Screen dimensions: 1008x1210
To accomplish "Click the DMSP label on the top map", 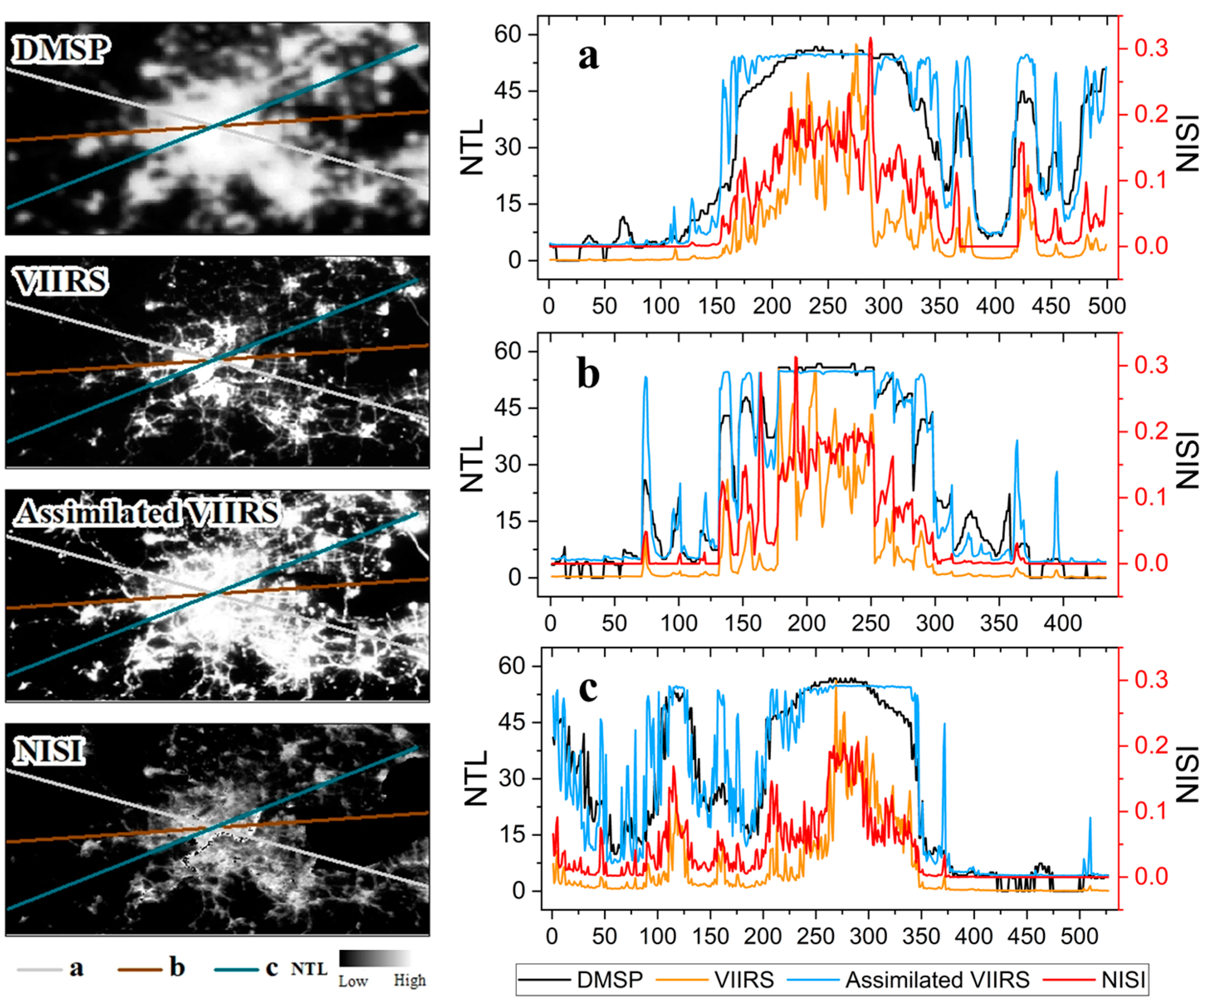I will (61, 50).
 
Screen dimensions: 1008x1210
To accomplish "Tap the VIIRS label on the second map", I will (61, 282).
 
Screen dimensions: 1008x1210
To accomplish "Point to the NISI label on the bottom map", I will (49, 752).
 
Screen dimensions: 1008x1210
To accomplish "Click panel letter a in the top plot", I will (588, 57).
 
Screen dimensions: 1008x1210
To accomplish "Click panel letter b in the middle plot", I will (588, 375).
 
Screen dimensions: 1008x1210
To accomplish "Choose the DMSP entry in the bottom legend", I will (610, 979).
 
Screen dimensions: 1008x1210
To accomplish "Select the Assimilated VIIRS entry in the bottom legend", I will (937, 979).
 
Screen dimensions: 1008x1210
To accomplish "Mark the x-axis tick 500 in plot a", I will (1106, 306).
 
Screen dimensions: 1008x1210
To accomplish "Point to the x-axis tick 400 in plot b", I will (1063, 623).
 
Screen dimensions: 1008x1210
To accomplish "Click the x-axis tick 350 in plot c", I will (921, 937).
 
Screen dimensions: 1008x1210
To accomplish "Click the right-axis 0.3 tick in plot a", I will (1151, 49).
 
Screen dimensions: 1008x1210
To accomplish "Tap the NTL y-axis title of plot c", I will (476, 779).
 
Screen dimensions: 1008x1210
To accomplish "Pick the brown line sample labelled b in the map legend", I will (140, 969).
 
